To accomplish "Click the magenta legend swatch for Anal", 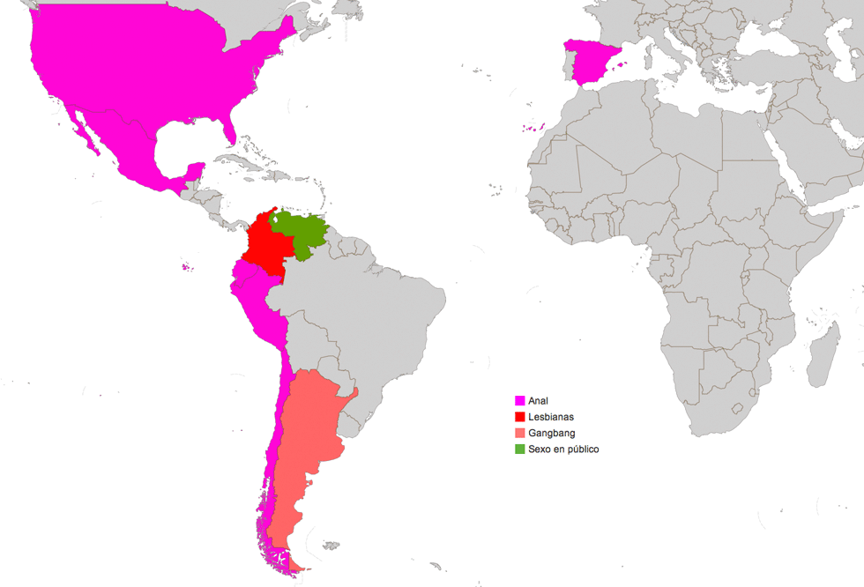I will tap(520, 401).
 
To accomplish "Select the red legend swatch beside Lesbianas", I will tap(520, 417).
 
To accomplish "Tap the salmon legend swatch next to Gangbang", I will tap(520, 433).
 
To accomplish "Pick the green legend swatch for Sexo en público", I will tap(520, 449).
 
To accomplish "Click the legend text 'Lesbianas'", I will tap(550, 417).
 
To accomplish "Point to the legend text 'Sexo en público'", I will tap(563, 449).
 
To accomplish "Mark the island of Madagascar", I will tap(823, 353).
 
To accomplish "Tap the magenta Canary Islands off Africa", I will tap(533, 129).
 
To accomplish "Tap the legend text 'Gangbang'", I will tap(552, 433).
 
